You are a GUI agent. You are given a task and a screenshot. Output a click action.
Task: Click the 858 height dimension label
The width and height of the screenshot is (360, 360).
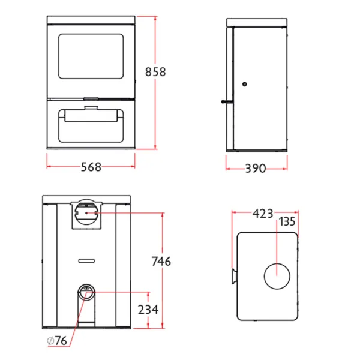tap(155, 72)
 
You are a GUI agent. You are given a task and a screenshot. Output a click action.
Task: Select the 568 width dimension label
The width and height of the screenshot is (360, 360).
tap(91, 167)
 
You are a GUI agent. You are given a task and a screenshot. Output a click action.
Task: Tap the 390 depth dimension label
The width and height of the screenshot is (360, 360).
tap(256, 169)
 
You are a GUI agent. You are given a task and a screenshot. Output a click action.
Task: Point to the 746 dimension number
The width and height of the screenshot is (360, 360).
tap(161, 261)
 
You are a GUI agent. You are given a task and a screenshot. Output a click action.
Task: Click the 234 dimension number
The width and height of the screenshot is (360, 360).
tap(148, 310)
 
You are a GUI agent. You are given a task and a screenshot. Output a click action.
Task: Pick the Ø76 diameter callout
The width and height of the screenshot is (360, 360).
tap(57, 340)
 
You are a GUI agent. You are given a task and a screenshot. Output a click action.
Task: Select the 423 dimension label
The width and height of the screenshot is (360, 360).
tap(263, 214)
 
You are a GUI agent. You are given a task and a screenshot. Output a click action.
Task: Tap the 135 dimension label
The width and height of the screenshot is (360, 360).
tap(287, 222)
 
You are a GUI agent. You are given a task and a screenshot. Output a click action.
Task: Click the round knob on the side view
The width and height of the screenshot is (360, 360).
tap(245, 84)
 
